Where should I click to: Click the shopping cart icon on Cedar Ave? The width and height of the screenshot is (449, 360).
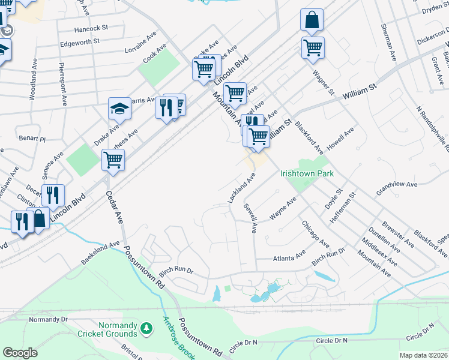coord(113,160)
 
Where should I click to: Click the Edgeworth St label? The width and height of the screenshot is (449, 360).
coord(83,43)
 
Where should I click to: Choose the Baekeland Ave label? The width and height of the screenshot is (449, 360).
coord(100,254)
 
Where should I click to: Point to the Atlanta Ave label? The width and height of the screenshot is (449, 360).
coord(289,257)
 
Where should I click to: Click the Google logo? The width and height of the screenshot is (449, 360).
coord(20,352)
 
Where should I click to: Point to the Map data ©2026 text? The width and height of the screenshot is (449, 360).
coord(423,355)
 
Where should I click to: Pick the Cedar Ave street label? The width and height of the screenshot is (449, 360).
coord(114,208)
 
